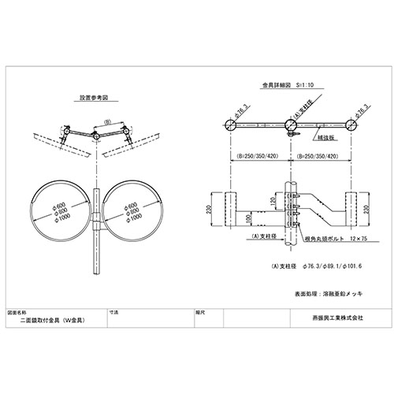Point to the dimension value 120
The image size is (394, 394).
point(273,203)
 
